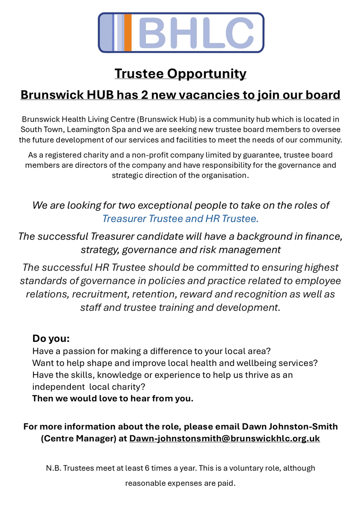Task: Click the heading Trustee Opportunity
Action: click(180, 73)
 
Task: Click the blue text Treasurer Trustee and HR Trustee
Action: click(180, 219)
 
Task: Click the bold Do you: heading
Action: click(51, 339)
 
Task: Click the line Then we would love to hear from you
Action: click(112, 399)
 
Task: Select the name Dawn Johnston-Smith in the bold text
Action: click(290, 426)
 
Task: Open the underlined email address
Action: click(225, 438)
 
